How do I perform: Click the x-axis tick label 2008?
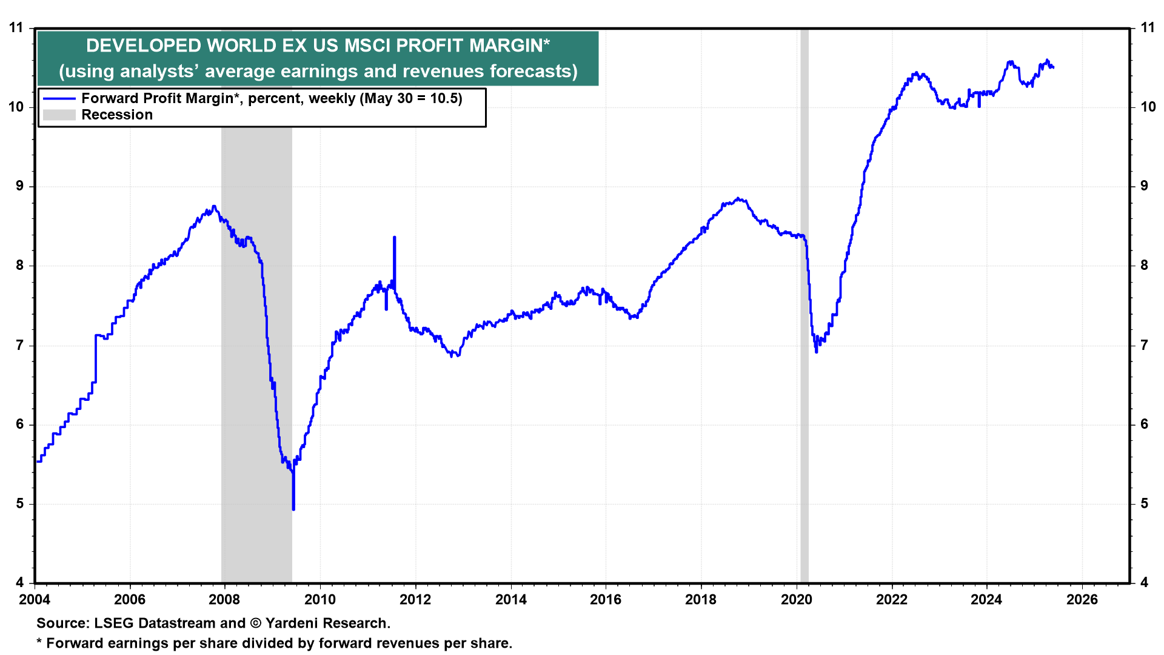click(x=224, y=600)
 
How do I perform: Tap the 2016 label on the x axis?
click(x=606, y=600)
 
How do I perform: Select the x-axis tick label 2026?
click(x=1082, y=600)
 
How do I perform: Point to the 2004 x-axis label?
click(x=35, y=600)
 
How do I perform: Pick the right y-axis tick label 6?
click(x=1145, y=425)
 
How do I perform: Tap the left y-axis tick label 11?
click(x=16, y=28)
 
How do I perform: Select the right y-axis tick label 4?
click(x=1145, y=583)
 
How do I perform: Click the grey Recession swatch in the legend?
click(x=59, y=115)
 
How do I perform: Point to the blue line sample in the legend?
click(x=59, y=98)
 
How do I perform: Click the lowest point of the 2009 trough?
click(x=293, y=509)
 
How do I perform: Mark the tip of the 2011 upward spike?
click(x=395, y=237)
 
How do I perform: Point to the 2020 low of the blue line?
click(x=816, y=352)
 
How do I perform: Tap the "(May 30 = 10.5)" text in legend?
click(x=411, y=98)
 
